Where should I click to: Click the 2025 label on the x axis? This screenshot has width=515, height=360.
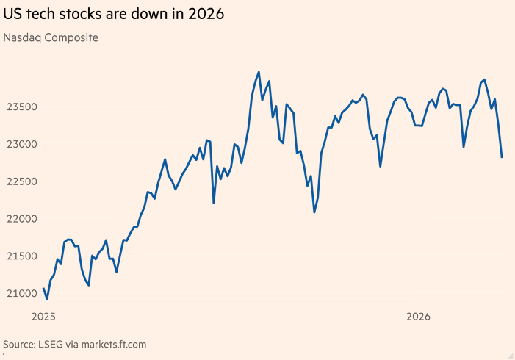tap(44, 317)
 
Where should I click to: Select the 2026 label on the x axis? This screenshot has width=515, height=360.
tap(419, 317)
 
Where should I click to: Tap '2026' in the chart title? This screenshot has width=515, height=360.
tap(206, 14)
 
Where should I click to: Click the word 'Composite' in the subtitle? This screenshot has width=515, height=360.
tap(73, 37)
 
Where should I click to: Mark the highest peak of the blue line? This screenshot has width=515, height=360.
tap(259, 72)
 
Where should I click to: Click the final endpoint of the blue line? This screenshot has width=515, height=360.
tap(502, 156)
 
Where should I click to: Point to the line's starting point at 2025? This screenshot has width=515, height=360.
tap(44, 289)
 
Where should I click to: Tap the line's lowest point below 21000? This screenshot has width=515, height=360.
tap(47, 299)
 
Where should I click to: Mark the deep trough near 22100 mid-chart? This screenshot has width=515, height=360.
tap(314, 212)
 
